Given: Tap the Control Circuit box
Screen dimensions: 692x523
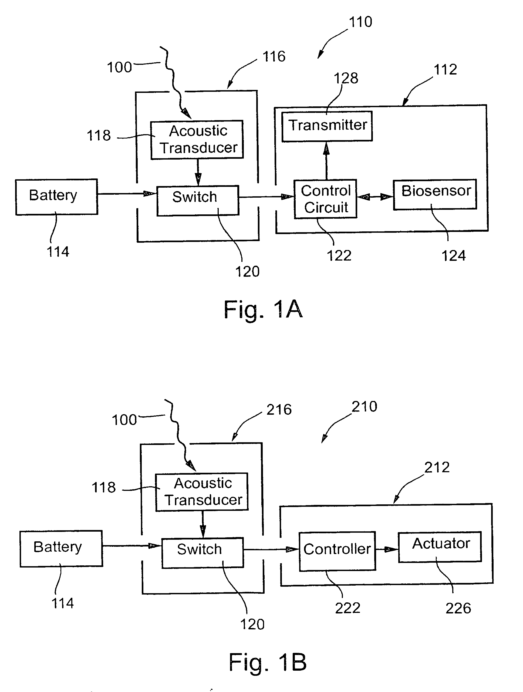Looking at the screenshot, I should point(325,199).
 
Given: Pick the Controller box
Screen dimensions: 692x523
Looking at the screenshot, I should point(337,551).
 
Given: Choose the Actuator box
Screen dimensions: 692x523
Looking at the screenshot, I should point(440,547).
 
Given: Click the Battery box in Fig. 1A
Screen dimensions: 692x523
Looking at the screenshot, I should point(57,197).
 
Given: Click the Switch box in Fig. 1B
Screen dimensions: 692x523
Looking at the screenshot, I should point(203,552).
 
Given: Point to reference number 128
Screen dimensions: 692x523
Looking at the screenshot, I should point(346,78).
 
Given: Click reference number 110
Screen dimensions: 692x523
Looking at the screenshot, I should point(360,22).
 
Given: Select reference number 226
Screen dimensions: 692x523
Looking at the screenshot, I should point(458,609).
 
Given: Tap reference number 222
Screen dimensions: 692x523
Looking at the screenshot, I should point(347,608).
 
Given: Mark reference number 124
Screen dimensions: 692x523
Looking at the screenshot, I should point(453,256).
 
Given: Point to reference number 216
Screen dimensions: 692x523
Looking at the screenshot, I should point(279,410).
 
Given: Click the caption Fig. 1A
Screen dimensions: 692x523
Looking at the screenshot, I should point(263,309).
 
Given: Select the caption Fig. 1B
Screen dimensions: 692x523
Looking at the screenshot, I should point(268,662).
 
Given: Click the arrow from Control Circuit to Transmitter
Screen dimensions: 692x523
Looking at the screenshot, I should point(326,161).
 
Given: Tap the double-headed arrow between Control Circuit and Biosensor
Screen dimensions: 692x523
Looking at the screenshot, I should point(375,197).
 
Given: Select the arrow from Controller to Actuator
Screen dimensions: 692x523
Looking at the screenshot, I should point(387,549).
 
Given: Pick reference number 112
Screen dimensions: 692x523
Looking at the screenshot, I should point(445,69).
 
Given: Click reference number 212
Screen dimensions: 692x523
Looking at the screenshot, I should point(437,468).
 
